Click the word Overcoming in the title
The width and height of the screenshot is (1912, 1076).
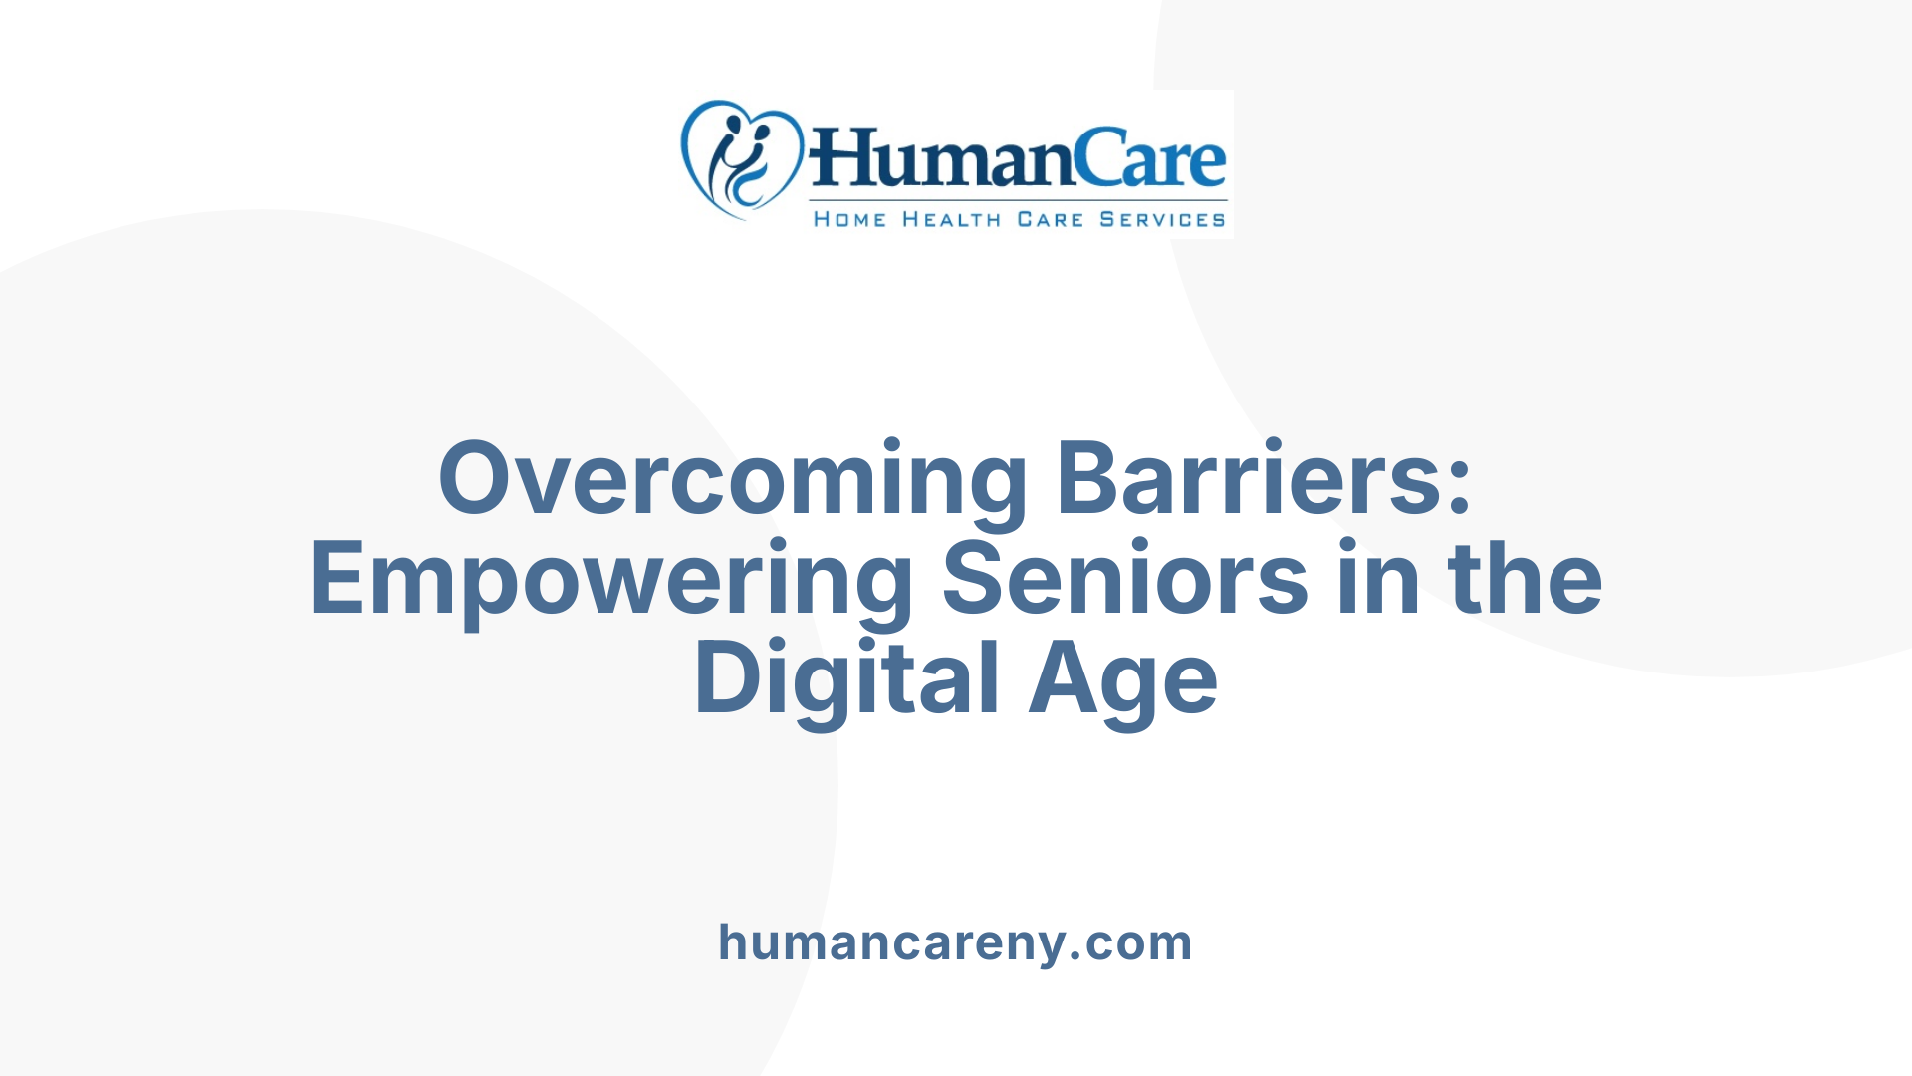pos(732,479)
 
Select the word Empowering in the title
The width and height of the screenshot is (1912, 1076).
pos(610,580)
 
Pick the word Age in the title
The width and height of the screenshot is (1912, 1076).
pos(1123,679)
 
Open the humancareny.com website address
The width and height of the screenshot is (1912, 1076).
pos(955,942)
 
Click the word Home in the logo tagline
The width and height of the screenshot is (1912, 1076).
pos(849,220)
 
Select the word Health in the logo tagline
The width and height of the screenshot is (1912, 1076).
pos(951,220)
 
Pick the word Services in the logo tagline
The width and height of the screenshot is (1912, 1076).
pos(1161,220)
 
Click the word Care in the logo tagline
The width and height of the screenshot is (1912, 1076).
pos(1050,220)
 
